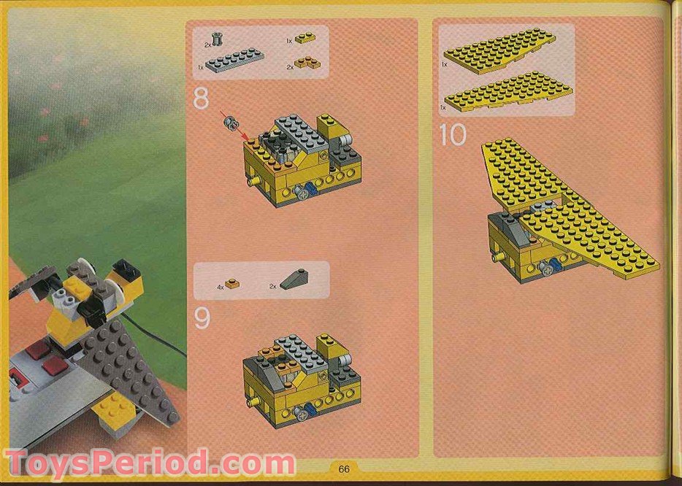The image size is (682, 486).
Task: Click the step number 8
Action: click(201, 99)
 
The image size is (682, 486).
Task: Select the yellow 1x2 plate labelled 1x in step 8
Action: click(306, 38)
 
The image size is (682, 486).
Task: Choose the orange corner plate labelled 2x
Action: click(307, 63)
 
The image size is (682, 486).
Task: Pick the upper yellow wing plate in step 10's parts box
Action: click(500, 51)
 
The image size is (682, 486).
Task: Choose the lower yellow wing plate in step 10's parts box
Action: click(509, 92)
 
